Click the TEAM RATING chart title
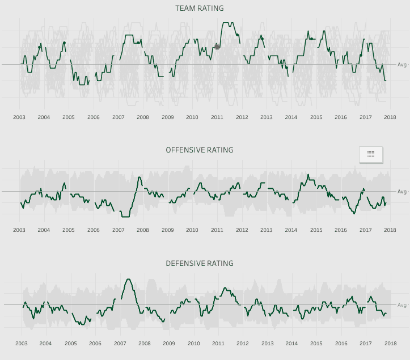pyautogui.click(x=199, y=9)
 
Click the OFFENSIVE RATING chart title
pyautogui.click(x=199, y=150)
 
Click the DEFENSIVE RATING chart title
pyautogui.click(x=199, y=264)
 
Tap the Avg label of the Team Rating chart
pyautogui.click(x=401, y=65)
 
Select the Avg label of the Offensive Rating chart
pyautogui.click(x=401, y=192)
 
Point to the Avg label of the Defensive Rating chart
pyautogui.click(x=401, y=305)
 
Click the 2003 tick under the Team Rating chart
pyautogui.click(x=19, y=117)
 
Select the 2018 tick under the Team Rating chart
pyautogui.click(x=390, y=117)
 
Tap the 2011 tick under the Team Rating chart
pyautogui.click(x=217, y=117)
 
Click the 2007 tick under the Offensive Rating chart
pyautogui.click(x=118, y=231)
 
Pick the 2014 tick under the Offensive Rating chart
pyautogui.click(x=291, y=231)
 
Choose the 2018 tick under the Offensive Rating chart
pyautogui.click(x=390, y=231)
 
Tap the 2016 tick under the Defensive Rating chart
pyautogui.click(x=341, y=344)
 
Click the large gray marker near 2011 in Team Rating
pyautogui.click(x=217, y=46)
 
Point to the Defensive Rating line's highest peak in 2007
pyautogui.click(x=128, y=279)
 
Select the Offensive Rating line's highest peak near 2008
pyautogui.click(x=140, y=177)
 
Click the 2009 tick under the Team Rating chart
pyautogui.click(x=167, y=117)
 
